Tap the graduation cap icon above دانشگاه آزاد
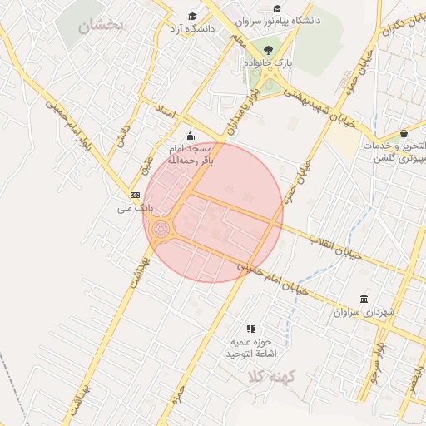[192, 17]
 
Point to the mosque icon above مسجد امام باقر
[191, 136]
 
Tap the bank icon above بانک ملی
[135, 195]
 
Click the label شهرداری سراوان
[363, 312]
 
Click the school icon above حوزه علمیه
[250, 329]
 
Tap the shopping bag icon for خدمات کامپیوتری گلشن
[404, 133]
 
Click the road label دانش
[122, 136]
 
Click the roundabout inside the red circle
[161, 227]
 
